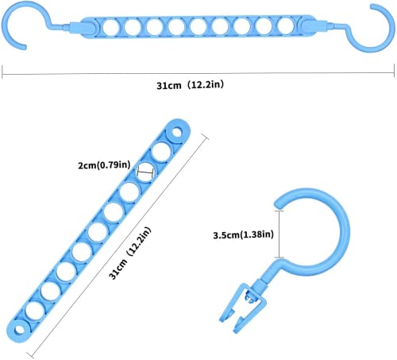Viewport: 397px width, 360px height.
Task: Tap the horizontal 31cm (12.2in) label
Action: pyautogui.click(x=190, y=85)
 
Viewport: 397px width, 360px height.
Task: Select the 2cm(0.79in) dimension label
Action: pyautogui.click(x=104, y=165)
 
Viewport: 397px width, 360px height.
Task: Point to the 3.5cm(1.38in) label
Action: pyautogui.click(x=243, y=234)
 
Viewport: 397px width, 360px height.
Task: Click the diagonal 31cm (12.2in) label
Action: pyautogui.click(x=129, y=254)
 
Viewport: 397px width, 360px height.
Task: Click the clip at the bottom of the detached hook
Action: pyautogui.click(x=241, y=308)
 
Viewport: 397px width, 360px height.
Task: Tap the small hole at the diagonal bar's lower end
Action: pyautogui.click(x=18, y=330)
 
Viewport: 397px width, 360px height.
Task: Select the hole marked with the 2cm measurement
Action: pyautogui.click(x=145, y=172)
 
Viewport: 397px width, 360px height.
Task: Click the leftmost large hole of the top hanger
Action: pyautogui.click(x=111, y=27)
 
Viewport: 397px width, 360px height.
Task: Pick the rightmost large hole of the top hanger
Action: pyautogui.click(x=286, y=26)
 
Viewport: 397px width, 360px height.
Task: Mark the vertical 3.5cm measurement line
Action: pyautogui.click(x=279, y=234)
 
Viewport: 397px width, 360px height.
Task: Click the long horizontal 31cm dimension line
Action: pyautogui.click(x=198, y=73)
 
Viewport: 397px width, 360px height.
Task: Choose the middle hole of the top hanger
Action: pyautogui.click(x=198, y=27)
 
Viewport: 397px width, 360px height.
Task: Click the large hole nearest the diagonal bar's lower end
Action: pyautogui.click(x=35, y=310)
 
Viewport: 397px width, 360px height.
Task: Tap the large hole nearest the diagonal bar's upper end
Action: pyautogui.click(x=161, y=152)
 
